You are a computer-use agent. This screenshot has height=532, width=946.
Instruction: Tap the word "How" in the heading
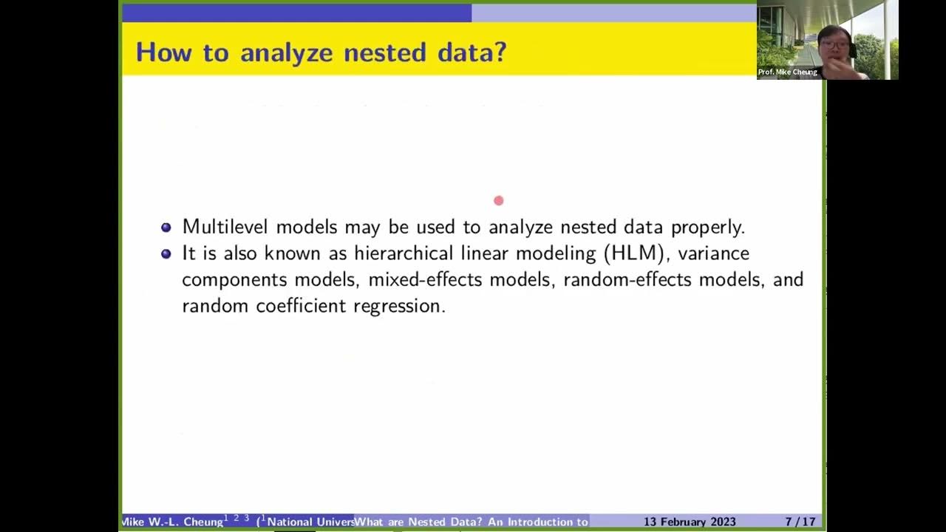(x=160, y=52)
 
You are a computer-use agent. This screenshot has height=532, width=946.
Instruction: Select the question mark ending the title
(x=500, y=52)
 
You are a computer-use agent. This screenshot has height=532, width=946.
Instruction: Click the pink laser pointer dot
(x=499, y=200)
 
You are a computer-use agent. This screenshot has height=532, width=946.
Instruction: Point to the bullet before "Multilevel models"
(x=166, y=228)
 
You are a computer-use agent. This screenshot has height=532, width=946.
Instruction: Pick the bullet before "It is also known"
(x=166, y=253)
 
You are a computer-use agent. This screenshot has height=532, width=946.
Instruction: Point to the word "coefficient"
(x=301, y=306)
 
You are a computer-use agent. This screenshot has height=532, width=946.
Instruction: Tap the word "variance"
(x=713, y=253)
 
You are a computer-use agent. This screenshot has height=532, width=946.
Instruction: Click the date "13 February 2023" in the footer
(x=690, y=522)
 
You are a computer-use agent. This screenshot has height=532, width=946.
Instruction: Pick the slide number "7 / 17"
(x=800, y=522)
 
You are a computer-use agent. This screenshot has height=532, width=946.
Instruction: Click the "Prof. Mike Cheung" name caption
(x=788, y=72)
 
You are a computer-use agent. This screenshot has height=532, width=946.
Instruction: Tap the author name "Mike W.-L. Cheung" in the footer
(x=172, y=522)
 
